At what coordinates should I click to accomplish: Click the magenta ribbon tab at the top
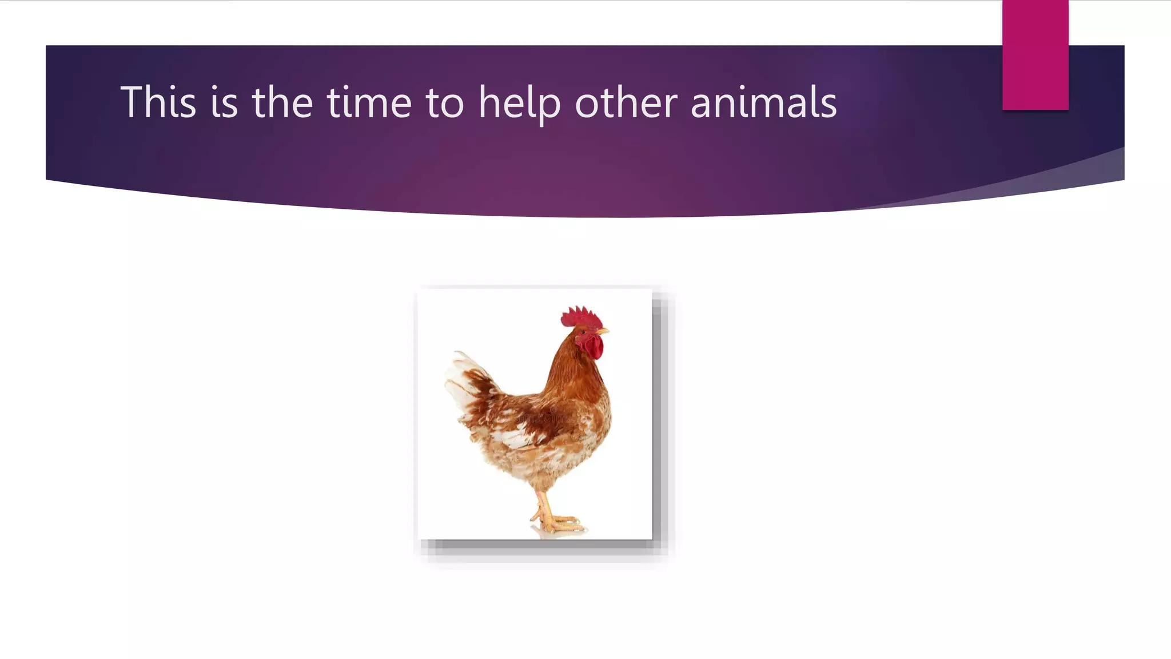[x=1035, y=55]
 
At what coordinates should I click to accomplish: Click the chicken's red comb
[x=580, y=316]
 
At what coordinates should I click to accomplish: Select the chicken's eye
[x=583, y=330]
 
